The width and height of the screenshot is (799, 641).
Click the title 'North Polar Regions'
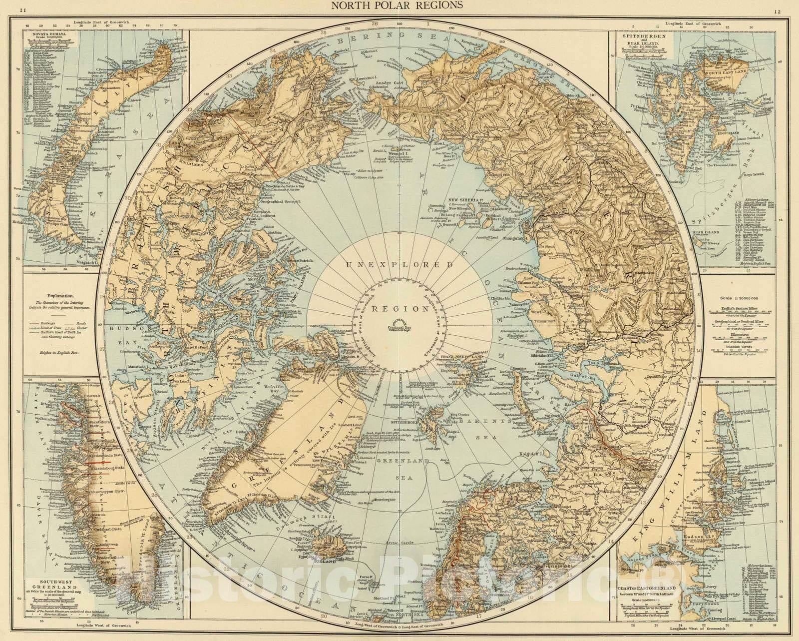[399, 5]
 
